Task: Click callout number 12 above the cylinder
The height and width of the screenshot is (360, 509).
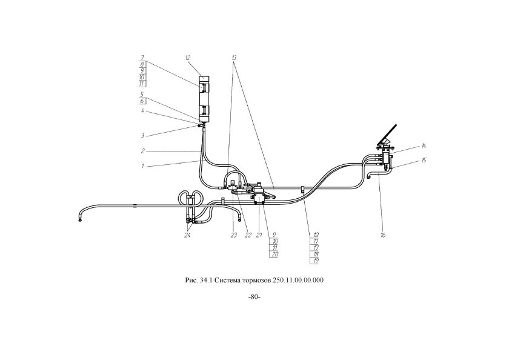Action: point(188,57)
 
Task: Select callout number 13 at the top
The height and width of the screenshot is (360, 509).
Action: point(234,57)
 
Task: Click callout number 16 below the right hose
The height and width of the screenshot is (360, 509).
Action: point(383,235)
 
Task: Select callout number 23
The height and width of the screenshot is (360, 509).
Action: point(233,235)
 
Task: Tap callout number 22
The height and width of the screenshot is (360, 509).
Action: point(247,235)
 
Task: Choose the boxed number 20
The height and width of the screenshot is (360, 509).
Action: point(275,255)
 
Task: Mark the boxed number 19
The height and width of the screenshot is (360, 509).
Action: point(316,261)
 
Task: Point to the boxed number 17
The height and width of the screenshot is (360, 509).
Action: point(316,247)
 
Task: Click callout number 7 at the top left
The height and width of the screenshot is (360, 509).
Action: point(141,57)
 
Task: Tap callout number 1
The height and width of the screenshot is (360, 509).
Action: point(142,165)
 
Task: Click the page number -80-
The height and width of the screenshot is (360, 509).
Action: point(254,297)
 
